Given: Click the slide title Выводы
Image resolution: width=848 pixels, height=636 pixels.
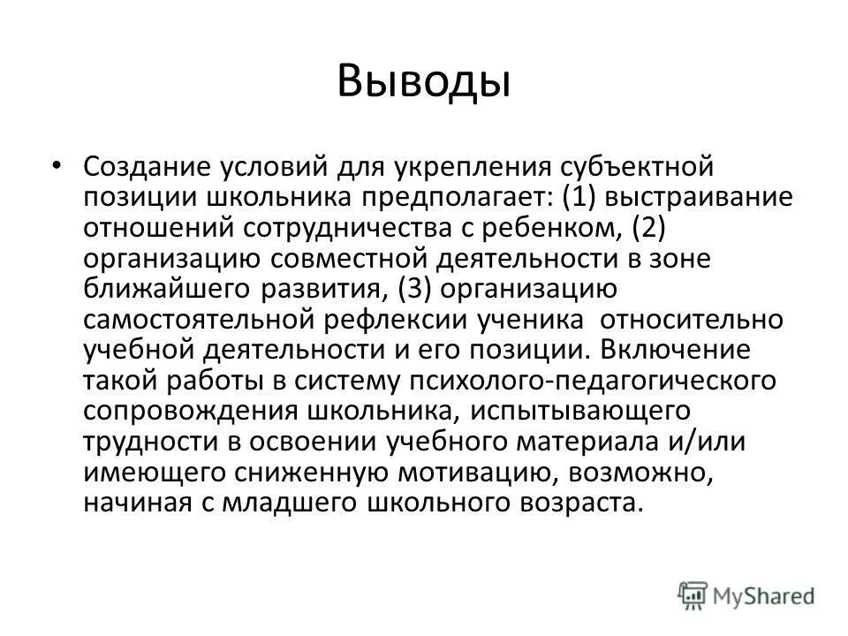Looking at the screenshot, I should [424, 82].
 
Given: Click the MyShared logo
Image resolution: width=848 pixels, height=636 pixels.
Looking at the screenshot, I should [747, 595].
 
